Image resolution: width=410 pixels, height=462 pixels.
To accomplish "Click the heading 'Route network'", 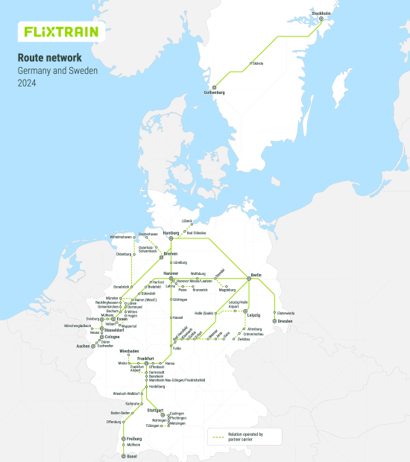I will click(x=50, y=57).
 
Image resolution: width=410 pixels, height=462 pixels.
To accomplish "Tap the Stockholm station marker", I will click(x=322, y=19).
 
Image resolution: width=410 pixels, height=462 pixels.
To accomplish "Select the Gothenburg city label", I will click(x=213, y=92).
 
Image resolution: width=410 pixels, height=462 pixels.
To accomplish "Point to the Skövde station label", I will click(x=258, y=63).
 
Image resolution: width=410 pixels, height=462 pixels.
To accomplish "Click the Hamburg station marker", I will click(x=171, y=238).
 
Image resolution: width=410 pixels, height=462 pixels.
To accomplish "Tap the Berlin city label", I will click(x=256, y=275).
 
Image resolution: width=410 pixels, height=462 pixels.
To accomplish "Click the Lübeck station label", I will click(x=186, y=221).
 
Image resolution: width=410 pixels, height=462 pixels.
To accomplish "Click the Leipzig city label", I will click(x=254, y=317).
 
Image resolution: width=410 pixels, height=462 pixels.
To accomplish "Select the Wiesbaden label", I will click(x=129, y=350).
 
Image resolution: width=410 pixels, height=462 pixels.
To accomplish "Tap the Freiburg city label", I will click(x=134, y=439).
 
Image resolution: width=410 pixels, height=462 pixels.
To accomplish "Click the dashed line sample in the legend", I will click(x=218, y=436).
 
